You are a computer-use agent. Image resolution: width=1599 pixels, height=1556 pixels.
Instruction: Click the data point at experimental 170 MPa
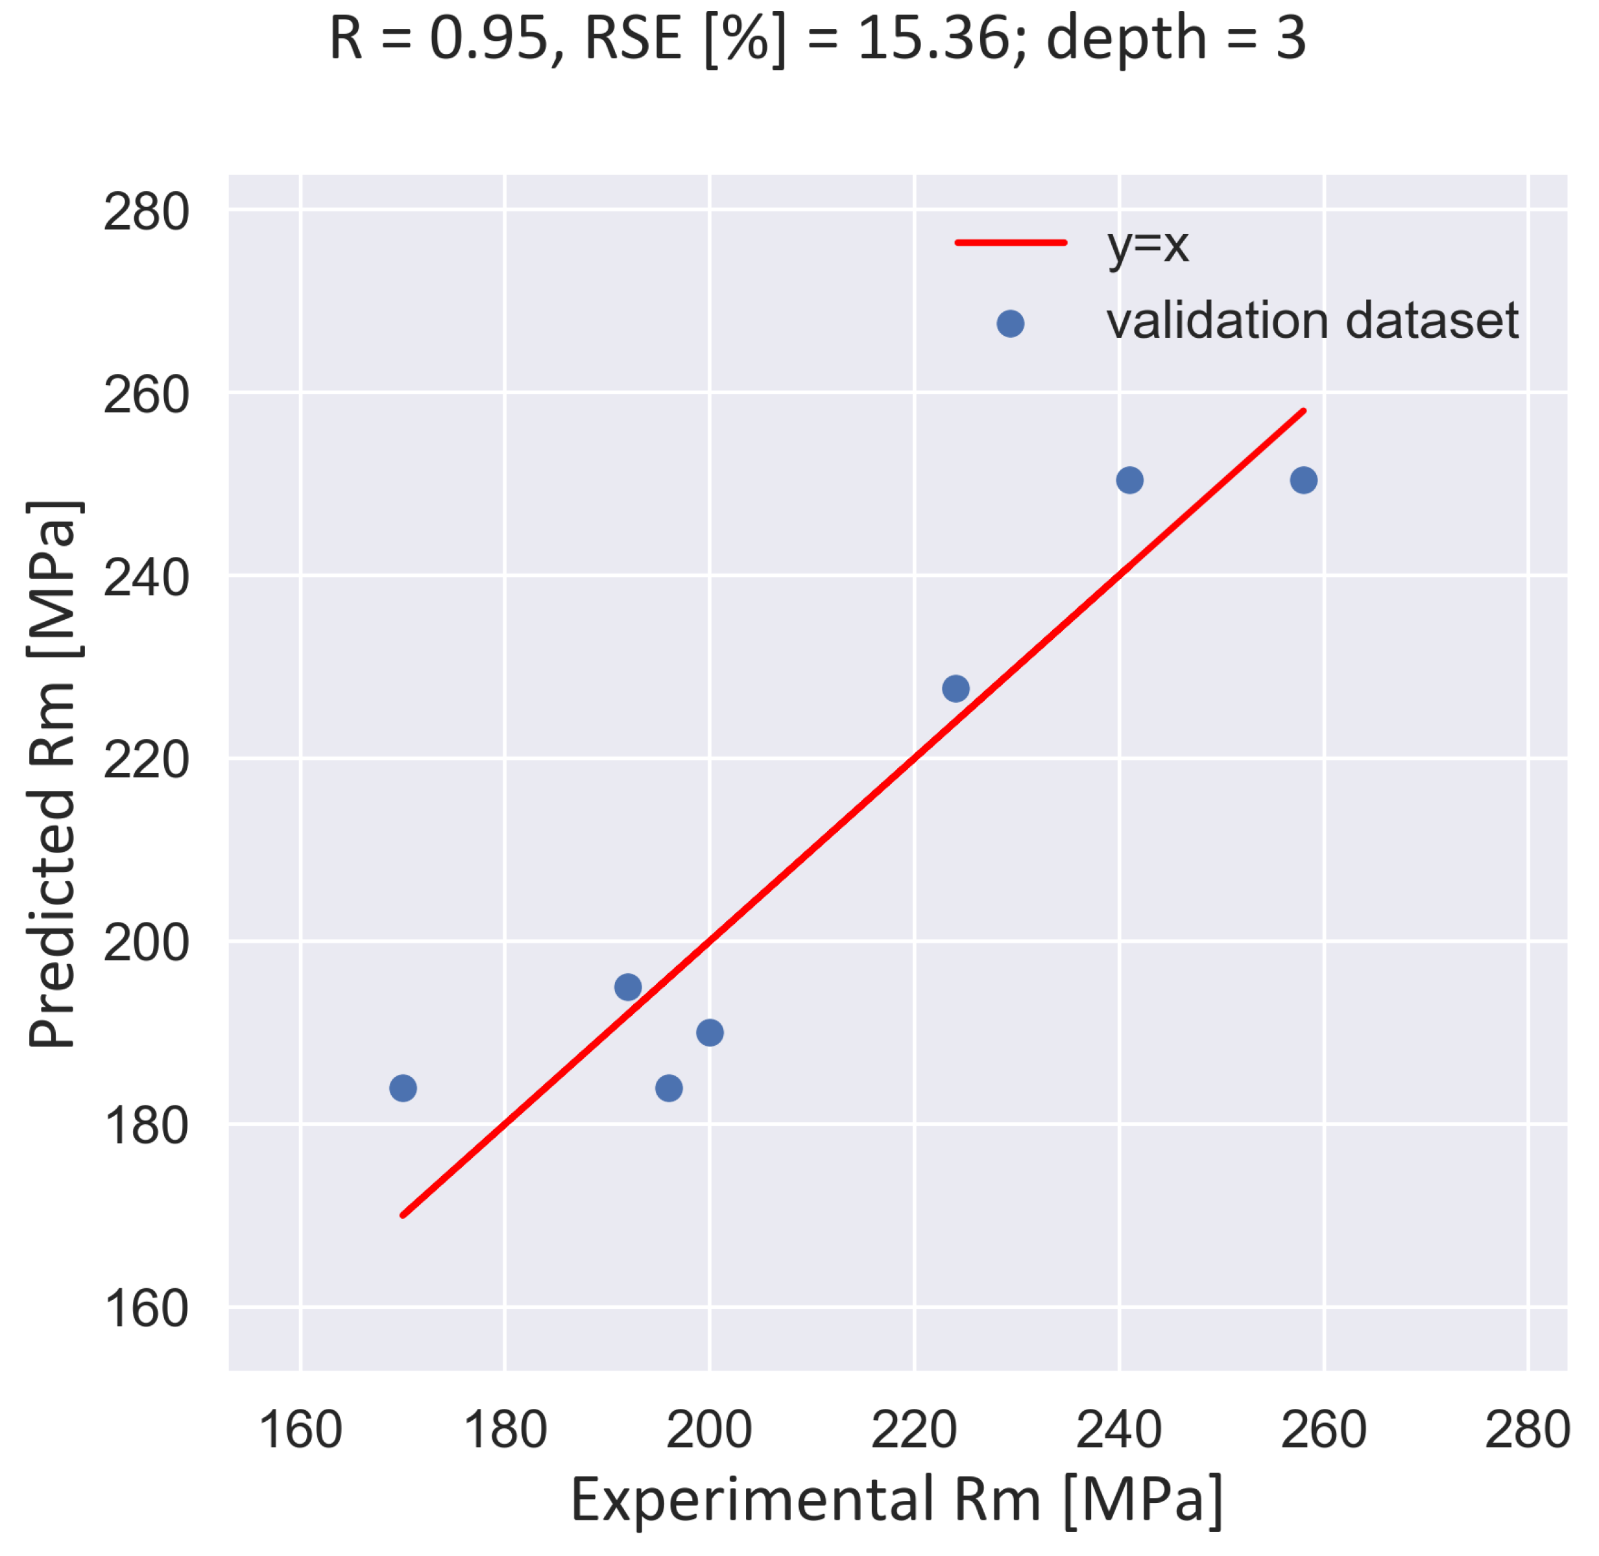403,1088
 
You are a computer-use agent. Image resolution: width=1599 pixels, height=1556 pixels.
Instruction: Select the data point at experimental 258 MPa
1303,480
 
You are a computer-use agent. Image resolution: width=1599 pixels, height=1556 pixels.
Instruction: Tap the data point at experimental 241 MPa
1129,480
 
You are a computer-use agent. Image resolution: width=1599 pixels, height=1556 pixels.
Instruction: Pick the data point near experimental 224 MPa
956,688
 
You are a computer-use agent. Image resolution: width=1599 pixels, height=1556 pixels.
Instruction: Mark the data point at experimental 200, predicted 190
710,1032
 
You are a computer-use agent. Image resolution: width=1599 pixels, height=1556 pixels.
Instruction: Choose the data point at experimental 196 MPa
669,1088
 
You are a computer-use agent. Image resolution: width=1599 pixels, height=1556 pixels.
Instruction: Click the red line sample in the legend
1011,242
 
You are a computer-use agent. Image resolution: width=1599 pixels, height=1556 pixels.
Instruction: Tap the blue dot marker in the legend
1011,324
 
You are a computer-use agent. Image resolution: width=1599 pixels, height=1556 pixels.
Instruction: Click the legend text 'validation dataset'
1312,320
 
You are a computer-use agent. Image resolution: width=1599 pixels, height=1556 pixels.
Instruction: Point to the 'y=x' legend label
1147,244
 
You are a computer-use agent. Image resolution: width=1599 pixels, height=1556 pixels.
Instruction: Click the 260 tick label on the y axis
145,395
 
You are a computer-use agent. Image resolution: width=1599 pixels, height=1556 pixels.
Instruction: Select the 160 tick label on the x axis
300,1430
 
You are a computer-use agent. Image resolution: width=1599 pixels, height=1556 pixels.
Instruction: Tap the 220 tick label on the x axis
914,1430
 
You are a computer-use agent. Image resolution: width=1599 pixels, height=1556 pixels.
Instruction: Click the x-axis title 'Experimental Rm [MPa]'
896,1500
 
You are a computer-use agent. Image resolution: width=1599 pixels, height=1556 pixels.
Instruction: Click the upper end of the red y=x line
1303,411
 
